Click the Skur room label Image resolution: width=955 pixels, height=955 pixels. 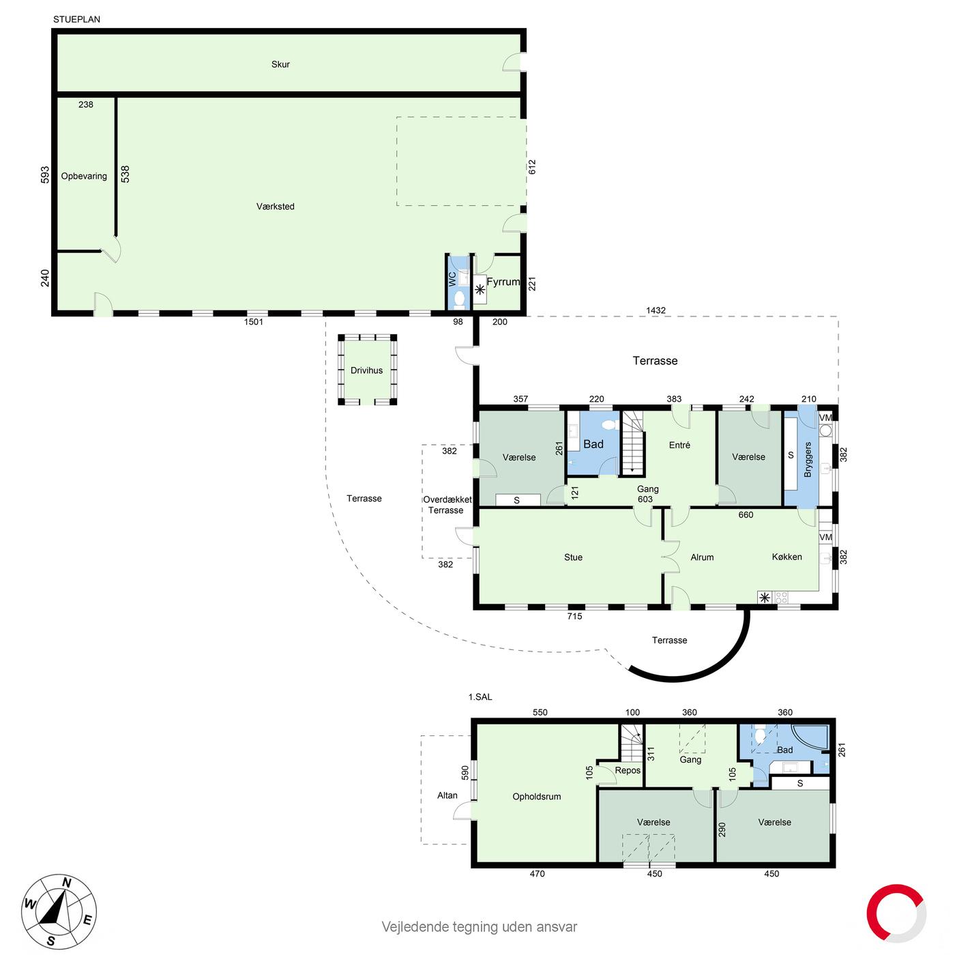coord(280,64)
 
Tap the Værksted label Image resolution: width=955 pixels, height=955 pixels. coord(275,206)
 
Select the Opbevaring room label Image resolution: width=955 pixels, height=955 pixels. coord(84,176)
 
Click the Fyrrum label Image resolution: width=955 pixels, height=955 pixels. coord(503,282)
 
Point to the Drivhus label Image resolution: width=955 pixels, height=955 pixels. coord(366,370)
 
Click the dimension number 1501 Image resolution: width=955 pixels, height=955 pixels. coord(253,322)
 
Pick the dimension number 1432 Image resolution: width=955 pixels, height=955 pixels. coord(656,310)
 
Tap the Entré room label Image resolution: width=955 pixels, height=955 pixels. coord(679,445)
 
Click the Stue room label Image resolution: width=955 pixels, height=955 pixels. coord(573,557)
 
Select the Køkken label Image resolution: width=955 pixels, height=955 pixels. coord(787,557)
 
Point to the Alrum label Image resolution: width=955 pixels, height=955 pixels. coord(702,557)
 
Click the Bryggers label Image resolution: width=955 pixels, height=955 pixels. coord(808,459)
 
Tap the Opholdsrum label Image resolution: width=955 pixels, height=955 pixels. coord(537,797)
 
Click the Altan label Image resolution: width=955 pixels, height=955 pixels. coord(447,795)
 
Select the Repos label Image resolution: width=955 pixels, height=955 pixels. coord(628,770)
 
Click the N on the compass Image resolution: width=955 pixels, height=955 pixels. coord(66,882)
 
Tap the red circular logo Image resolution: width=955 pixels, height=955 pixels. coord(896,913)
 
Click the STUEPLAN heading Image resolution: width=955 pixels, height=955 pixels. coord(77,19)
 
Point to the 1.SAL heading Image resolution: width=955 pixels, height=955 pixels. coord(480,696)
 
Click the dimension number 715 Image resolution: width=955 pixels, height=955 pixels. coord(574,616)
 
